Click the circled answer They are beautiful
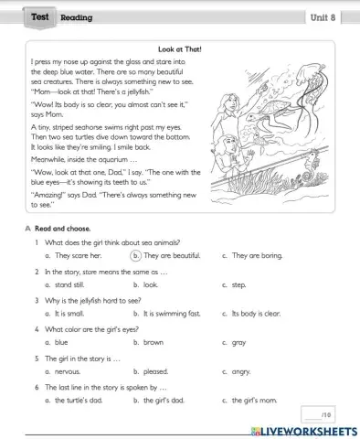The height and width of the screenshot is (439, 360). [x=170, y=257]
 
